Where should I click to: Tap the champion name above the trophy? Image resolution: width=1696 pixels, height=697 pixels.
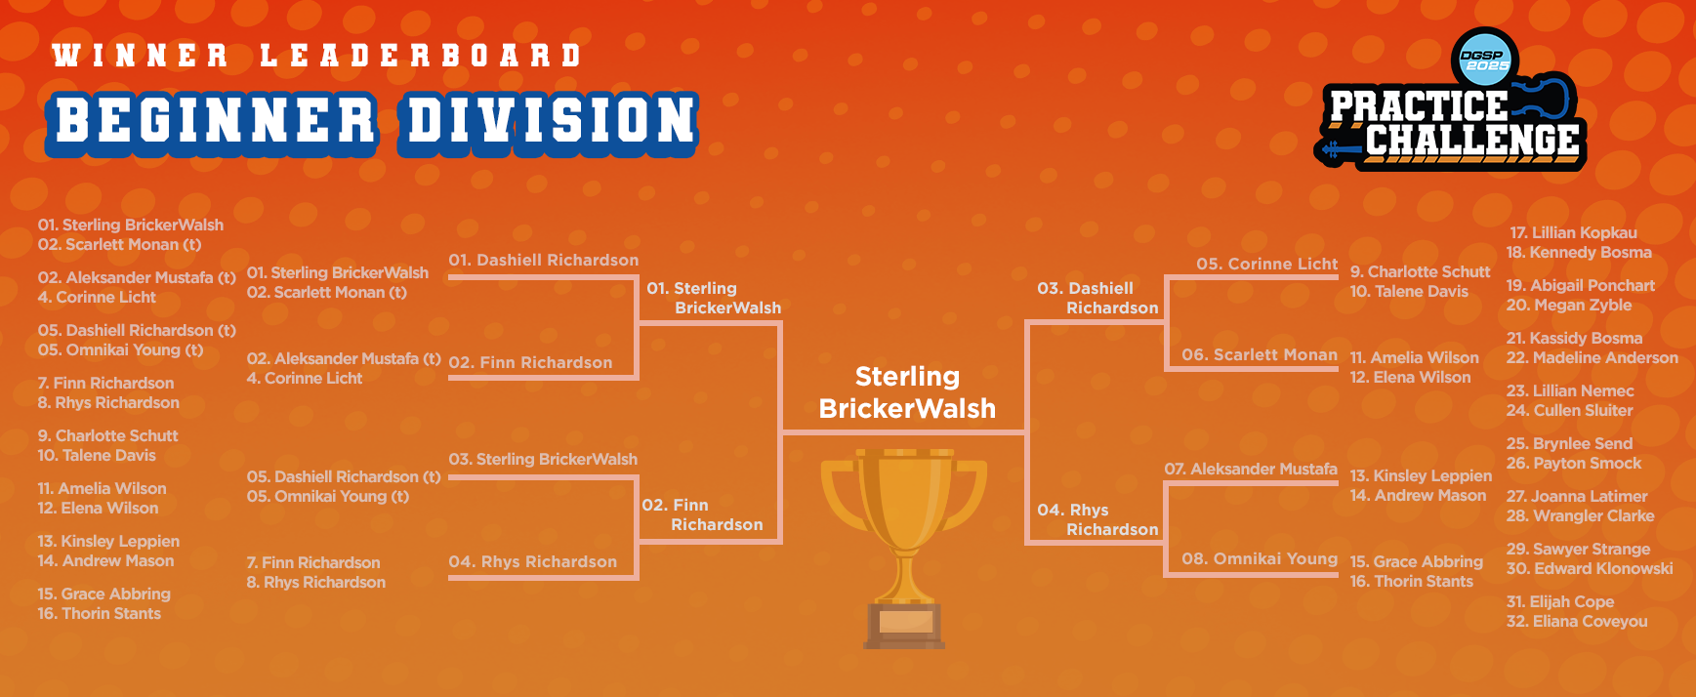coord(907,392)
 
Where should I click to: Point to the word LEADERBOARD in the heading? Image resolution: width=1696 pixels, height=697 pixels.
coord(421,56)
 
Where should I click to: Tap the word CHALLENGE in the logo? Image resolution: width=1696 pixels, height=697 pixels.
coord(1471,142)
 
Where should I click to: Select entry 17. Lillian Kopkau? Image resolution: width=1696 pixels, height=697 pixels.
coord(1573,232)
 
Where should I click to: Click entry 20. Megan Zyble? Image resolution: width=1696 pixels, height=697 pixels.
coord(1569,305)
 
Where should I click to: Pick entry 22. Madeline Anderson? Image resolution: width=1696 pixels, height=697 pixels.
coord(1593,357)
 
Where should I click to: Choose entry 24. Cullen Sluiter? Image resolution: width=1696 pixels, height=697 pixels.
coord(1570,410)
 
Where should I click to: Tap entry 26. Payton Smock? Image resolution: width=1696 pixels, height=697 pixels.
coord(1574,463)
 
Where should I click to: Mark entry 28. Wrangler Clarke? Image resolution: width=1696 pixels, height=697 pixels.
coord(1581,515)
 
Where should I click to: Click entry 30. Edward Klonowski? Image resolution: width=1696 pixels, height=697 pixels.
coord(1590,568)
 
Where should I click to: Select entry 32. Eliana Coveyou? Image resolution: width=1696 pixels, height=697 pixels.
coord(1577,621)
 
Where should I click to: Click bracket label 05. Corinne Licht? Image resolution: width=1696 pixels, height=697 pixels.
coord(1267,264)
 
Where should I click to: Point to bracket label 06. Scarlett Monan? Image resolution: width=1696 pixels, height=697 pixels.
coord(1260,354)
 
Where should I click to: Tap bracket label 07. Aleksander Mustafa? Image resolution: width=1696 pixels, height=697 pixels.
coord(1251,469)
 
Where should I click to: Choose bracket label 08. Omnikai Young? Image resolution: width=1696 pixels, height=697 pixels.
coord(1260,558)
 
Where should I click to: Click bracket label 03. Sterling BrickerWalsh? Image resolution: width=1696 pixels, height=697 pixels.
coord(543,459)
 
